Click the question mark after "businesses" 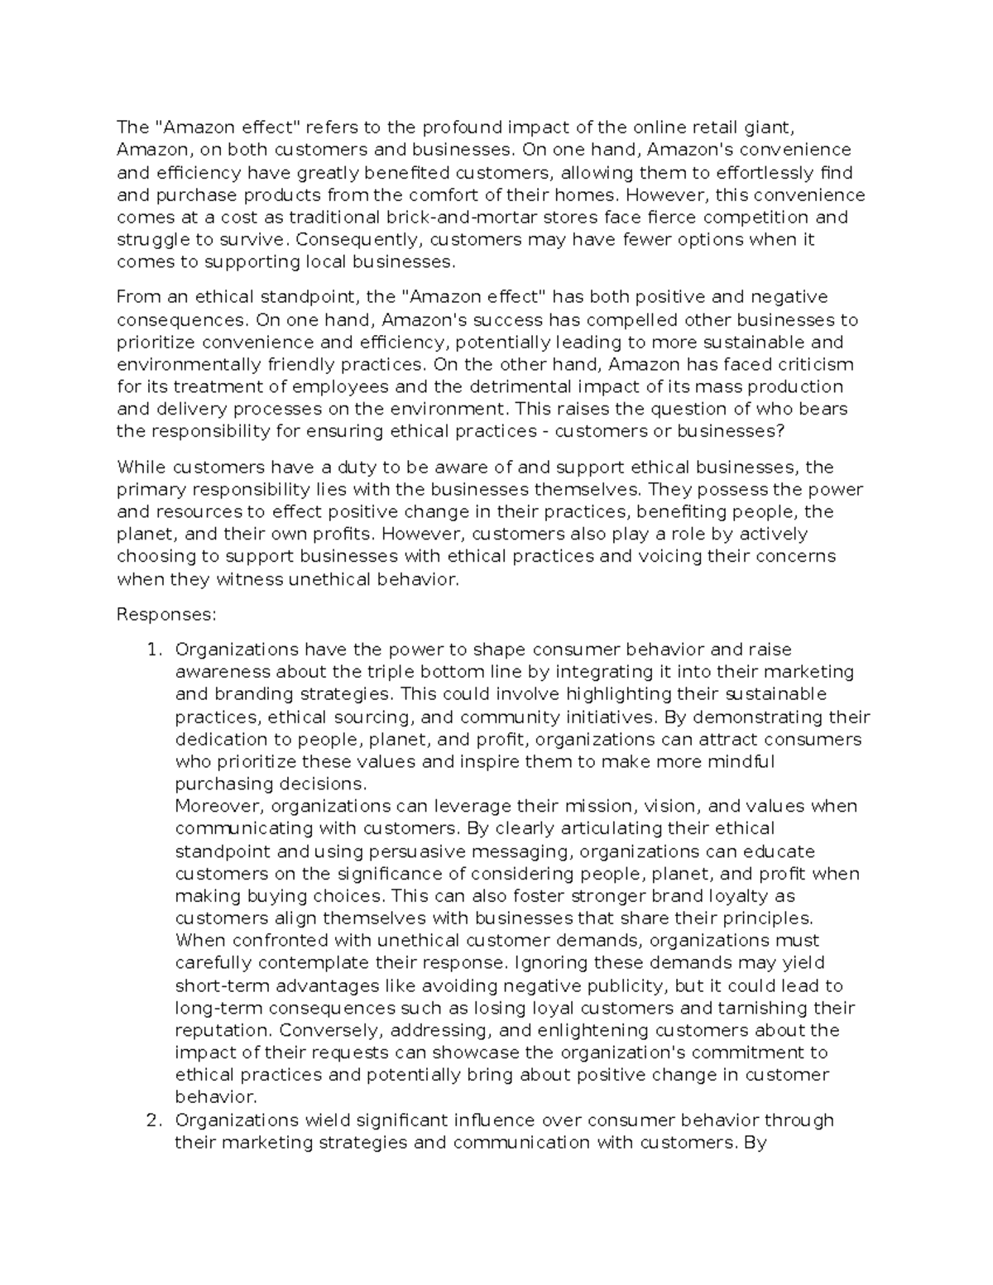coord(780,431)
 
